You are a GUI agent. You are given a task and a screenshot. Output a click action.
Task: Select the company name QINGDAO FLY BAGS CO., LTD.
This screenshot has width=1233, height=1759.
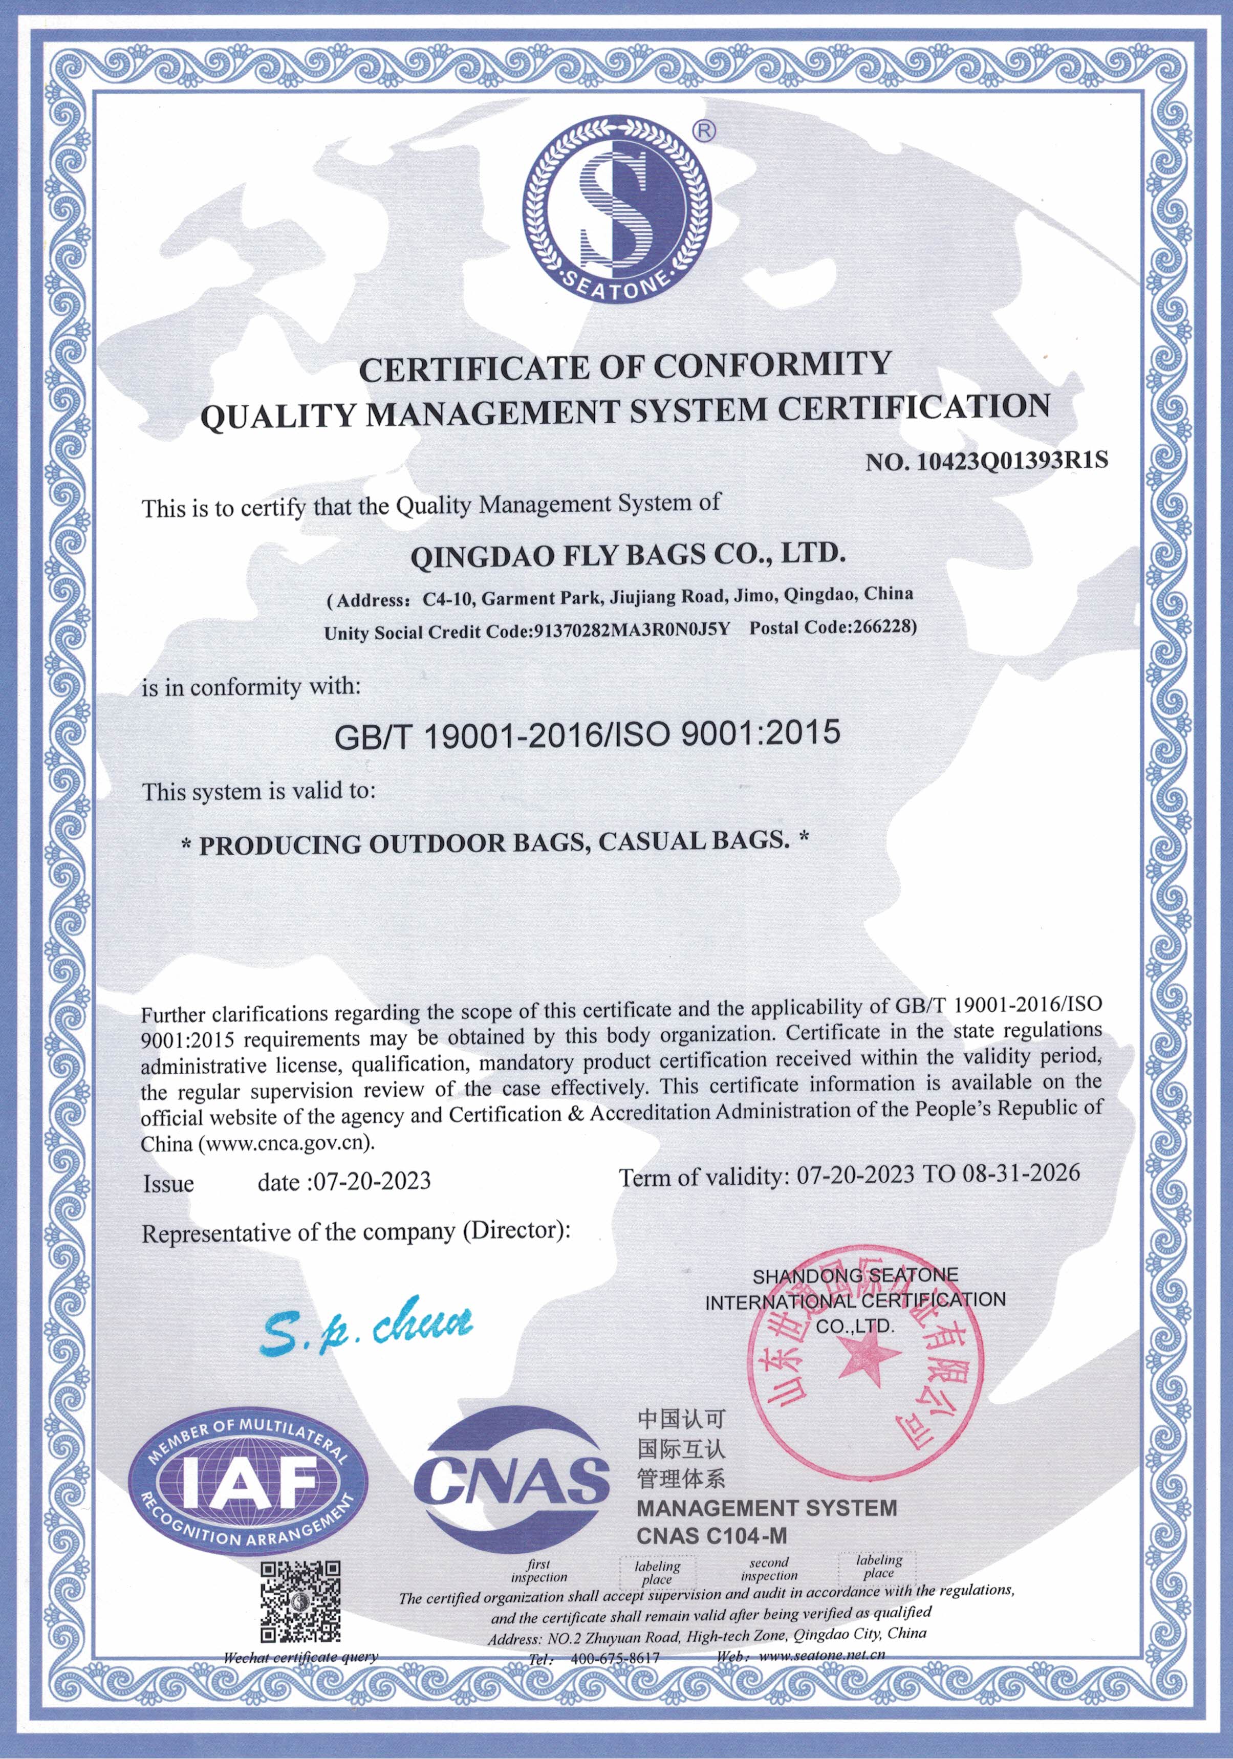click(628, 555)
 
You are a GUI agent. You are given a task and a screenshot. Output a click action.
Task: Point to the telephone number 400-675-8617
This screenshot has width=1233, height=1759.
click(615, 1657)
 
